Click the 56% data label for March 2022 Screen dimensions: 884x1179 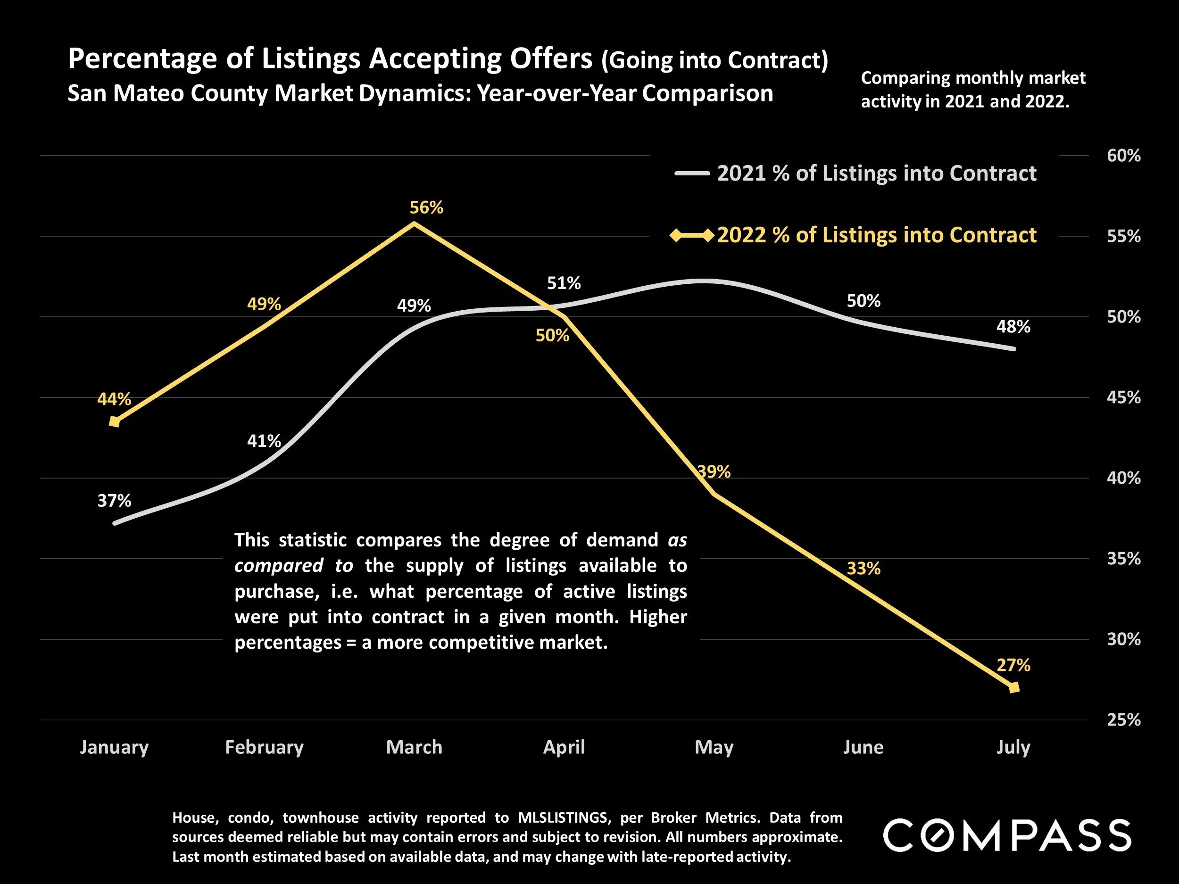[x=426, y=207]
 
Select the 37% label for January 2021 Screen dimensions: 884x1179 [x=114, y=500]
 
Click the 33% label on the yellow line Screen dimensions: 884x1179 [x=863, y=569]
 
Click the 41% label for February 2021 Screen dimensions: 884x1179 [x=264, y=441]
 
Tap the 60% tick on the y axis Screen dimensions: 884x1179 [x=1123, y=156]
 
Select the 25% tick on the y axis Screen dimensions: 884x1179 [x=1123, y=720]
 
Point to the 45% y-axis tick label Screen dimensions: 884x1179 [x=1123, y=397]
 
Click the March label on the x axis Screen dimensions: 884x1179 [x=414, y=747]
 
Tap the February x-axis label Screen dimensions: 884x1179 [x=265, y=747]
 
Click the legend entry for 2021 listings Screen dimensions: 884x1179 [x=876, y=173]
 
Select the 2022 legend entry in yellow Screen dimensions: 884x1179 [x=876, y=235]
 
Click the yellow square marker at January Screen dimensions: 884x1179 [x=114, y=421]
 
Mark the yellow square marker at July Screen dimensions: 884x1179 [x=1014, y=687]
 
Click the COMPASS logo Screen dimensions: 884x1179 [x=1007, y=835]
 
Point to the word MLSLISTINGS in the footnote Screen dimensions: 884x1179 [x=562, y=818]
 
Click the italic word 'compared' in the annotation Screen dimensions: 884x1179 [x=279, y=565]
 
